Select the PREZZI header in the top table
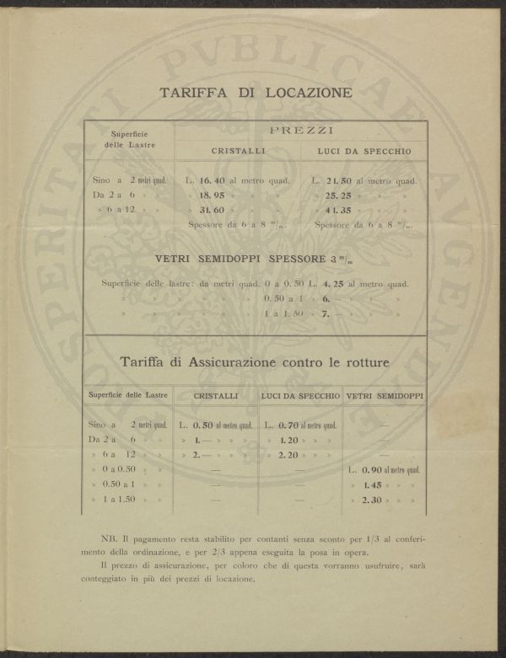click(301, 131)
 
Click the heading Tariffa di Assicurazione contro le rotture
click(254, 364)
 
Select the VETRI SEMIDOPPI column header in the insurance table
click(385, 395)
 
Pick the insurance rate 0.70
click(289, 425)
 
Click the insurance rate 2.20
click(289, 455)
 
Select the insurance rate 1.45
click(373, 485)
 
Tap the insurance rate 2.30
click(373, 500)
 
